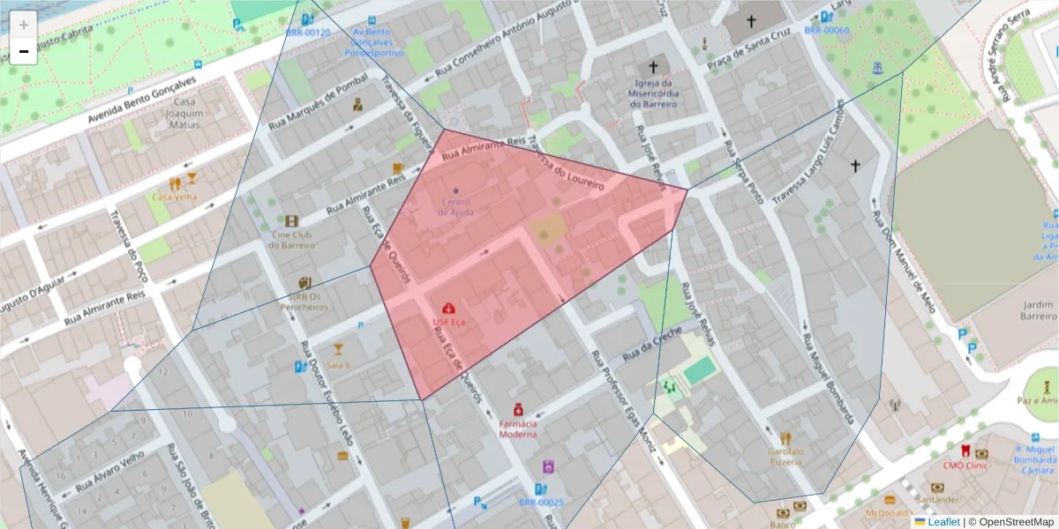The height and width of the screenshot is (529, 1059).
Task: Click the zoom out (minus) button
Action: pyautogui.click(x=24, y=52)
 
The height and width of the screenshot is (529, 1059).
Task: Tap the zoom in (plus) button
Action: pyautogui.click(x=24, y=25)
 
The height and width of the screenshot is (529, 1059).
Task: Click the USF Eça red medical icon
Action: pyautogui.click(x=449, y=309)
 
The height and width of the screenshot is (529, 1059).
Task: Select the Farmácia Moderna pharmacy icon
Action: pyautogui.click(x=518, y=409)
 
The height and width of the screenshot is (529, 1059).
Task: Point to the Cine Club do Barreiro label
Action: pyautogui.click(x=293, y=240)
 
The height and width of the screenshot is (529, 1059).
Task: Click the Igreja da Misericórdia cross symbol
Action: pyautogui.click(x=654, y=66)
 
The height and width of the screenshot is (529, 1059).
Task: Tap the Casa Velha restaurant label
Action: pyautogui.click(x=175, y=197)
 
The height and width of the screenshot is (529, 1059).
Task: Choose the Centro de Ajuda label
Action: pyautogui.click(x=456, y=206)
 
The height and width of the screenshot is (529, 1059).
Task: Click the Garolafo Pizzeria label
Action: pyautogui.click(x=785, y=456)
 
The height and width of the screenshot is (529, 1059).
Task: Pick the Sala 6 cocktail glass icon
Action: pyautogui.click(x=338, y=349)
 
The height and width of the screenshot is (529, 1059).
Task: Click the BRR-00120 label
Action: pyautogui.click(x=307, y=33)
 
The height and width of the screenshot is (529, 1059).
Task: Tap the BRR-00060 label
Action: pyautogui.click(x=826, y=31)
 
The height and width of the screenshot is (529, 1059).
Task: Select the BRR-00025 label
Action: pyautogui.click(x=541, y=503)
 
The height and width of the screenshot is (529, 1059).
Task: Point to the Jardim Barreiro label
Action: pyautogui.click(x=1038, y=310)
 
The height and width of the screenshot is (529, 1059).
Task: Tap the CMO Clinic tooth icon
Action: pyautogui.click(x=965, y=451)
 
